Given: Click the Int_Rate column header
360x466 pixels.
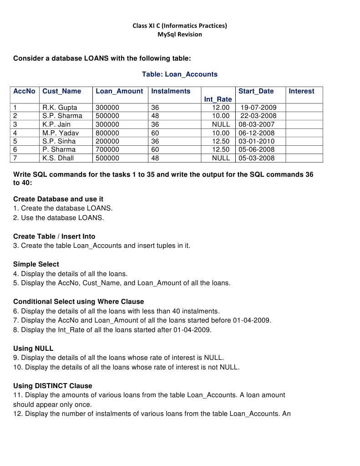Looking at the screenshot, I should click(218, 99).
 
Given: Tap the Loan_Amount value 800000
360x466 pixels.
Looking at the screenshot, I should click(107, 133).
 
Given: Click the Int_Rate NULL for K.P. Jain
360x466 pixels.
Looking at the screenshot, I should click(221, 124).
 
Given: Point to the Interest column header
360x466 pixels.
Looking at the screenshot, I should click(301, 91).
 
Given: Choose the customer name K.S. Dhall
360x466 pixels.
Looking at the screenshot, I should click(58, 158).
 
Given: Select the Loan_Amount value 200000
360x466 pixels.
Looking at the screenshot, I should click(107, 141).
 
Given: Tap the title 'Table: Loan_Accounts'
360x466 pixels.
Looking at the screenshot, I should click(180, 74).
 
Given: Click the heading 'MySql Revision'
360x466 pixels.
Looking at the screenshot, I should click(180, 34).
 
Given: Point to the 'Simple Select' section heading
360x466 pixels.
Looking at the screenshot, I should click(36, 264).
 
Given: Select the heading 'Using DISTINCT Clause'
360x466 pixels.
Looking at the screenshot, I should click(53, 386).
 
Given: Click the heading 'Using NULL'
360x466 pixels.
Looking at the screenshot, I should click(33, 348).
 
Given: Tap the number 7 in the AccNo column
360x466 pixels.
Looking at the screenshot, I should click(15, 158).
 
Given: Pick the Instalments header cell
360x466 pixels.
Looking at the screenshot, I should click(171, 91).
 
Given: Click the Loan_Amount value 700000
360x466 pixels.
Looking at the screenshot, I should click(107, 149).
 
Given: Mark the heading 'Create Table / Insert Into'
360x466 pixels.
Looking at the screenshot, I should click(54, 236).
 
